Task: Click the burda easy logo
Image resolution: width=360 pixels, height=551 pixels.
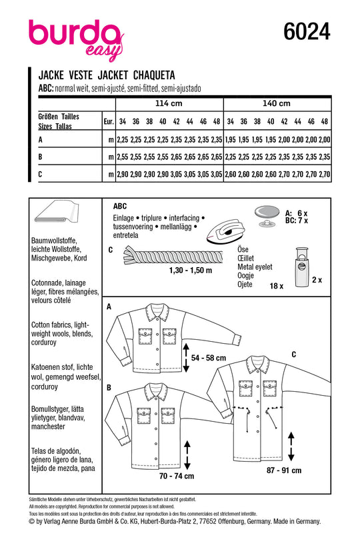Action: pos(76,39)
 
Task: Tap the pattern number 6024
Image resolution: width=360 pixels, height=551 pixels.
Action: pos(307,31)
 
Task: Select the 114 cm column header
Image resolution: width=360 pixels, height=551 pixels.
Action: pos(169,103)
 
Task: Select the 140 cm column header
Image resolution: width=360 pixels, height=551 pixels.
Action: pos(276,103)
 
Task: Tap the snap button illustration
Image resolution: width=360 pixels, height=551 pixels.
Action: pos(267,216)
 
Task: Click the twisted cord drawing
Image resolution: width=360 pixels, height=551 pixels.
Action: pos(173,257)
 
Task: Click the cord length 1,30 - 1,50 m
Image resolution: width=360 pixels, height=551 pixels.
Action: pos(191,271)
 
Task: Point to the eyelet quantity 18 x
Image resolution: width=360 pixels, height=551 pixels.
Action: pos(276,286)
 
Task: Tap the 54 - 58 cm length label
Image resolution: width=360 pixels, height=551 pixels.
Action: pos(209,358)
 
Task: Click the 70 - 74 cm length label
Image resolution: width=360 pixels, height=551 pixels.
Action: pos(177,476)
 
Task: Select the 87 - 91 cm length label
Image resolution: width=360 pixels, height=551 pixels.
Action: pos(284,470)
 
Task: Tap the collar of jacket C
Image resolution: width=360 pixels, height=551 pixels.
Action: pos(259,366)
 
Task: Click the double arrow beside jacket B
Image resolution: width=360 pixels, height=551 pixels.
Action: pos(187,455)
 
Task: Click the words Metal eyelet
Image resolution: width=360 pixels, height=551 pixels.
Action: pos(255,267)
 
